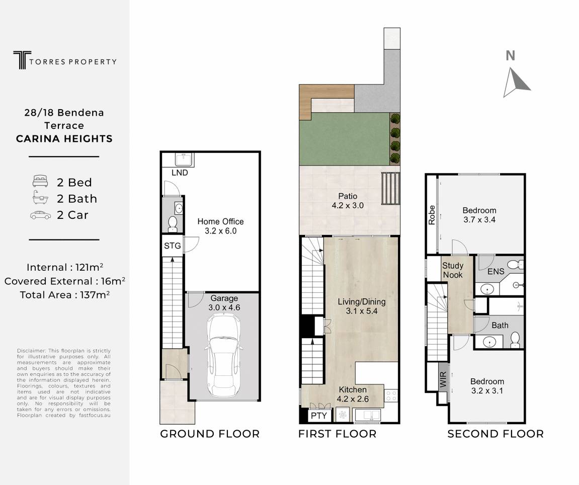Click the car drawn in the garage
[224, 356]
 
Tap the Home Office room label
[220, 222]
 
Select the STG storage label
[173, 246]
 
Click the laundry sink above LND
[184, 159]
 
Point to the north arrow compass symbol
[516, 82]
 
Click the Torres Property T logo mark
[22, 60]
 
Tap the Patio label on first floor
[348, 196]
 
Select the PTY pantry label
[318, 416]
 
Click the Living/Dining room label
[362, 302]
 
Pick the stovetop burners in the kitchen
[391, 396]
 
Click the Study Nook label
[453, 270]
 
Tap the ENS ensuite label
[495, 272]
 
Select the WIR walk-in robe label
[444, 380]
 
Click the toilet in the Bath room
[515, 340]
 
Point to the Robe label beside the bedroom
[432, 215]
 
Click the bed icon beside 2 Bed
[40, 181]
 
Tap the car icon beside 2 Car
[41, 215]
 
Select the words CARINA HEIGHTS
[64, 139]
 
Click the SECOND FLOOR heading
[495, 434]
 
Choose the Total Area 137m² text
[64, 295]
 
